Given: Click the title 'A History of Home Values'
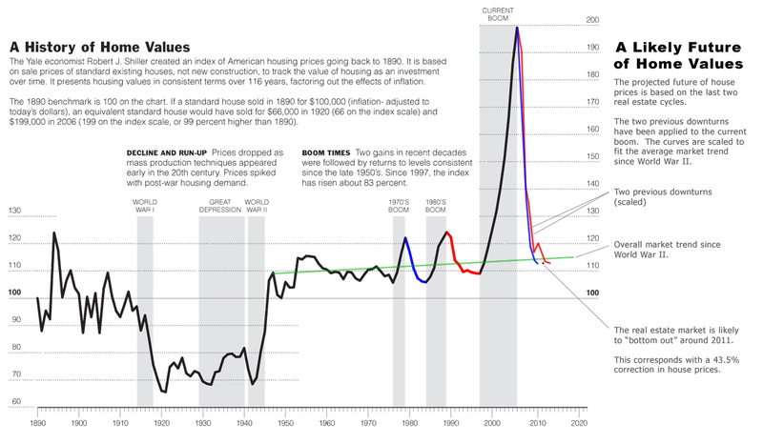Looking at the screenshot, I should coord(99,48).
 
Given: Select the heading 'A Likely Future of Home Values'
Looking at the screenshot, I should coord(676,55).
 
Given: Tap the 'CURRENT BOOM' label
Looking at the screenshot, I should coord(499,13).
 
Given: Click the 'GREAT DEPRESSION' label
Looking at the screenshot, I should coord(221,207).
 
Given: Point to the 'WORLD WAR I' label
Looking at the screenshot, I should coord(145,207).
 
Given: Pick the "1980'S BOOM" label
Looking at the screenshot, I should coord(436,208).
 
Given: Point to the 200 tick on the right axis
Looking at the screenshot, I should coord(591,19).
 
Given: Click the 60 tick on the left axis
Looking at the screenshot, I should coord(13,402).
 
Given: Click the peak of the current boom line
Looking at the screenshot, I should coord(517,28).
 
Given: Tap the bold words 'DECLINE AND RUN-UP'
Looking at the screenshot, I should coord(160,152).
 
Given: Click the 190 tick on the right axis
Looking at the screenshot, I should coord(591,47).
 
